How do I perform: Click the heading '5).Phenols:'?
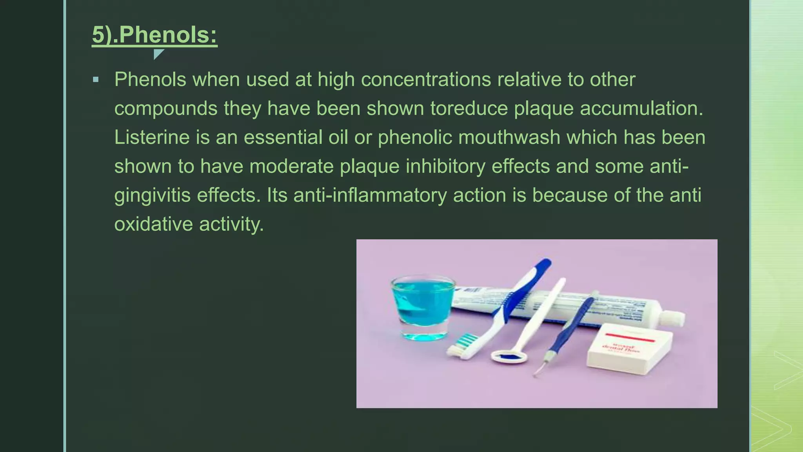pyautogui.click(x=154, y=35)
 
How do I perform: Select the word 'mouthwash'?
pyautogui.click(x=509, y=137)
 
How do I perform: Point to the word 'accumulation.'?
pyautogui.click(x=641, y=108)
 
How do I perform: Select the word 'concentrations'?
pyautogui.click(x=426, y=80)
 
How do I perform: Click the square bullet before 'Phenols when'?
pyautogui.click(x=96, y=80)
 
